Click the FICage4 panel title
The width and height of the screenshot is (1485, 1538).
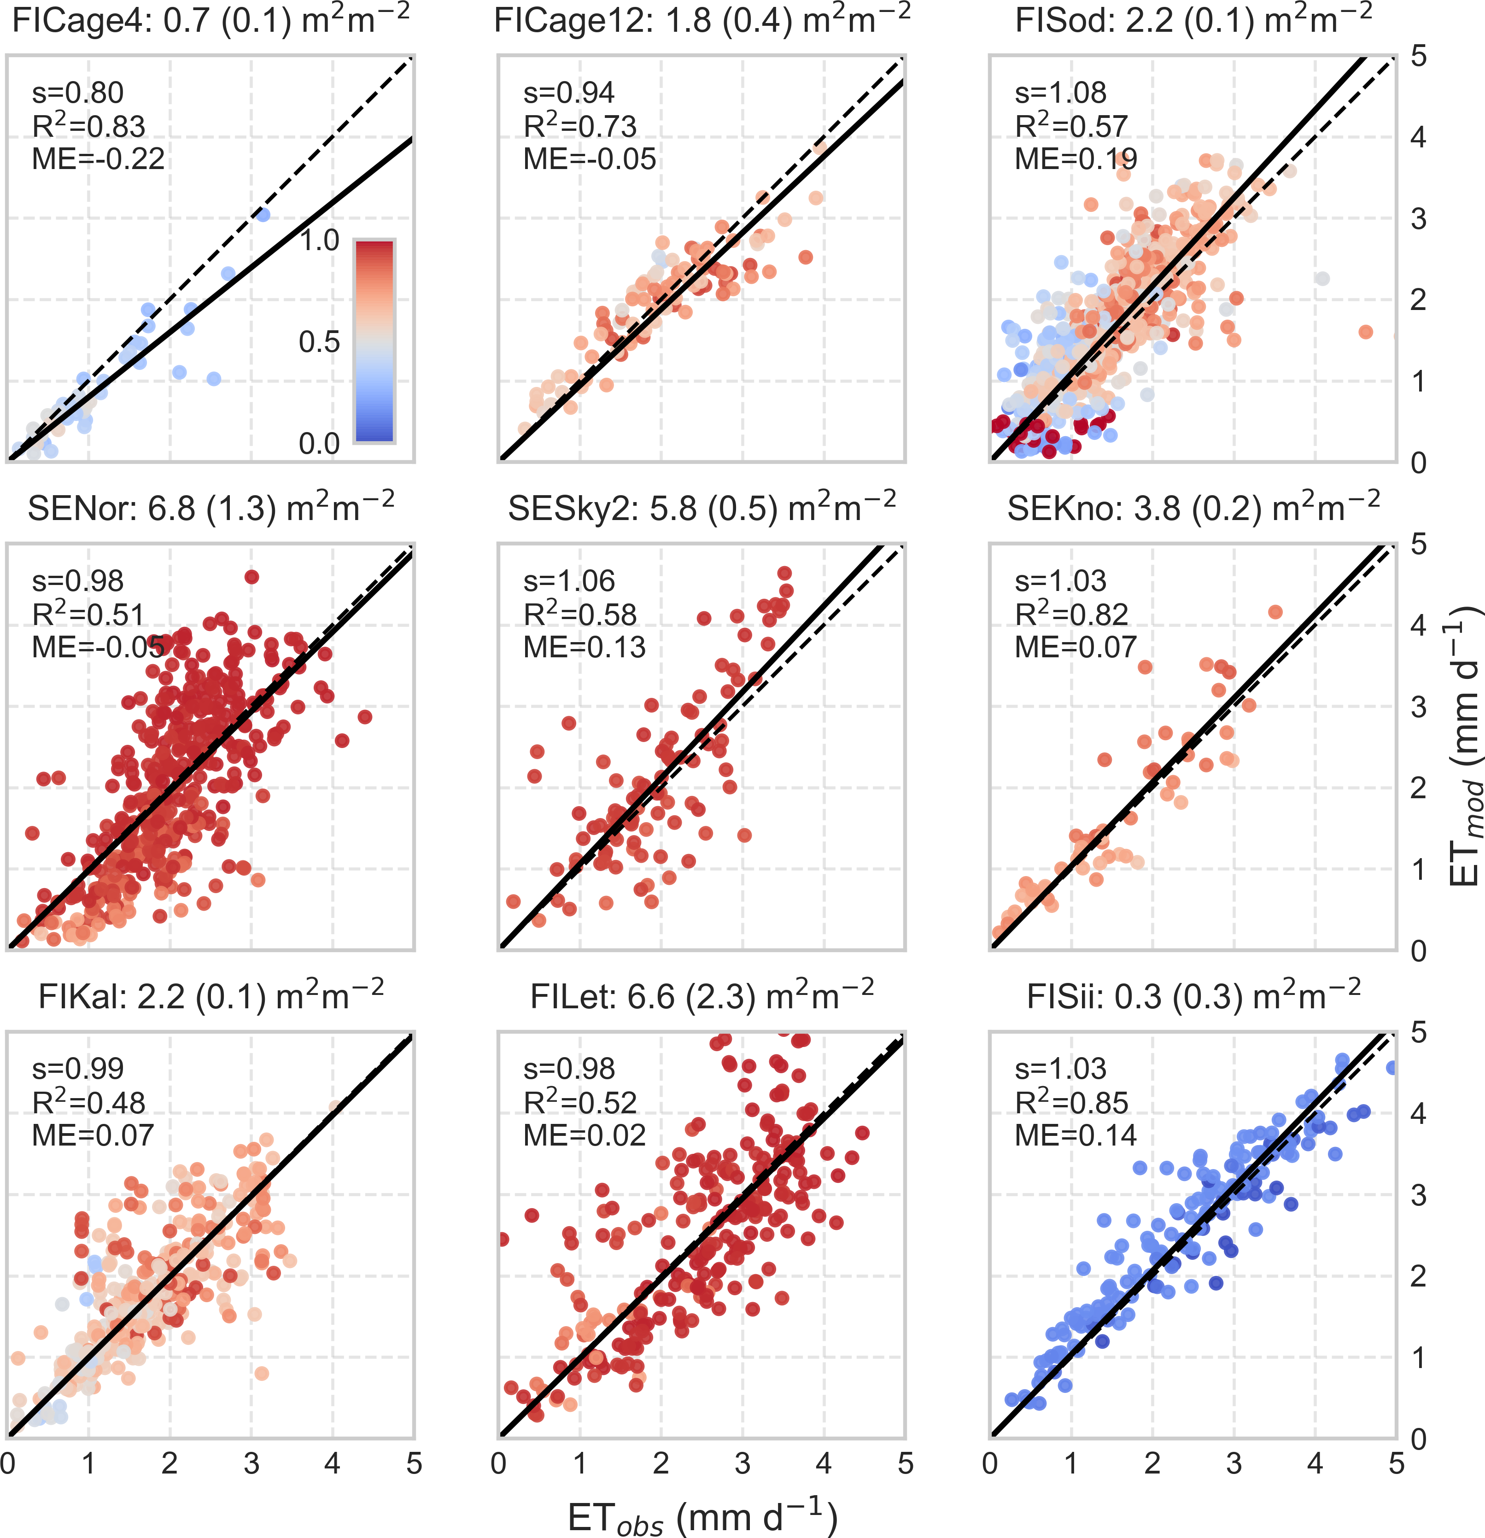click(x=210, y=20)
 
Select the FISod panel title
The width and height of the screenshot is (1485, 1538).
click(x=1193, y=20)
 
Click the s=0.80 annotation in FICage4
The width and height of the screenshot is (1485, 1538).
click(x=78, y=94)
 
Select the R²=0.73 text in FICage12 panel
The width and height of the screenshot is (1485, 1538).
click(x=580, y=126)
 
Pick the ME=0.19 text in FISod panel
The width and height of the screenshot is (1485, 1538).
click(x=1076, y=159)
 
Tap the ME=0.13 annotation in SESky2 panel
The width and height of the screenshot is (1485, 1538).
click(x=584, y=647)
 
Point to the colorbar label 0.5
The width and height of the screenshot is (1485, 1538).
click(x=320, y=342)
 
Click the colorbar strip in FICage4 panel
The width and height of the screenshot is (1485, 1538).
click(x=374, y=341)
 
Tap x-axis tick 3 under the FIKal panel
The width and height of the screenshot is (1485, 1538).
click(x=251, y=1464)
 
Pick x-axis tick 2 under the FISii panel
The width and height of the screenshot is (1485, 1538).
click(x=1152, y=1464)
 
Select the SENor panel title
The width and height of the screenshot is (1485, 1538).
click(x=210, y=509)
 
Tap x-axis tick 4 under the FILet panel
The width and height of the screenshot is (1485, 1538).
click(x=824, y=1464)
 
